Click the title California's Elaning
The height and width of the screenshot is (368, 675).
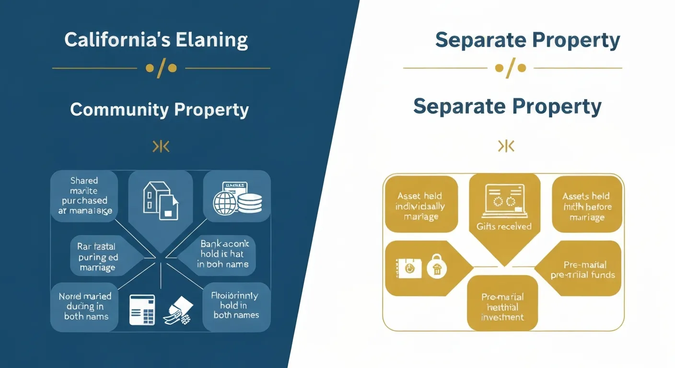[x=156, y=40]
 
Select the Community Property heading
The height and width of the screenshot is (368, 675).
[x=159, y=110]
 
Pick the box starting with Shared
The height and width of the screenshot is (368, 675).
[x=84, y=195]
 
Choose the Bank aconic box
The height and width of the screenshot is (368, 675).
[x=222, y=253]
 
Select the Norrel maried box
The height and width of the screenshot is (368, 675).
[x=85, y=306]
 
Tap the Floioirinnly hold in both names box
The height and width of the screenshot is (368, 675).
[x=236, y=305]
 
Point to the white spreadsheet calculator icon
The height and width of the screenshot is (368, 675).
[x=142, y=310]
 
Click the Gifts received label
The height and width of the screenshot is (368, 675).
[x=504, y=226]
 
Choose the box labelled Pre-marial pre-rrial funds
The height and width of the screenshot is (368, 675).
[x=585, y=270]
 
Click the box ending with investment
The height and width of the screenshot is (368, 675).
[x=502, y=307]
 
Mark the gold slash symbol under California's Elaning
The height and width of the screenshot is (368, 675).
[x=161, y=68]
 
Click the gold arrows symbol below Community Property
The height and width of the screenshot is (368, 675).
[x=161, y=147]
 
